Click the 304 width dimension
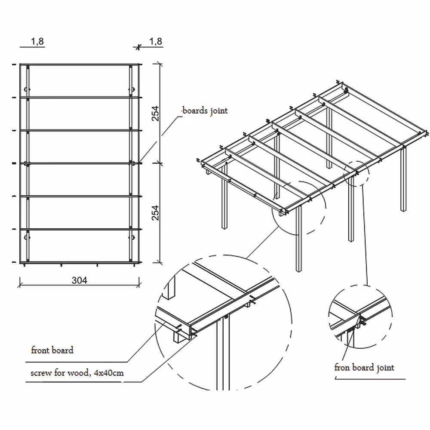click(80, 280)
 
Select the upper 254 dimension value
click(156, 114)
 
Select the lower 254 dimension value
click(156, 213)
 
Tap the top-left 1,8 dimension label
click(37, 41)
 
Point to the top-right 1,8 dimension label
click(156, 41)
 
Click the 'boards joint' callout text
click(205, 111)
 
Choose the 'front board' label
click(52, 350)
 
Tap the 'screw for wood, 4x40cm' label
click(77, 373)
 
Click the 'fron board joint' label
click(364, 368)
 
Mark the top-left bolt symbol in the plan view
click(27, 89)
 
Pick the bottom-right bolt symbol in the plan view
click(132, 237)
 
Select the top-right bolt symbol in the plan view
click(132, 89)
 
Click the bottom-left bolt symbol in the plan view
click(27, 237)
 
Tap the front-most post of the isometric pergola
click(299, 239)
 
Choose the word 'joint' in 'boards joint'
click(219, 111)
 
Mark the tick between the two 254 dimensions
click(158, 164)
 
